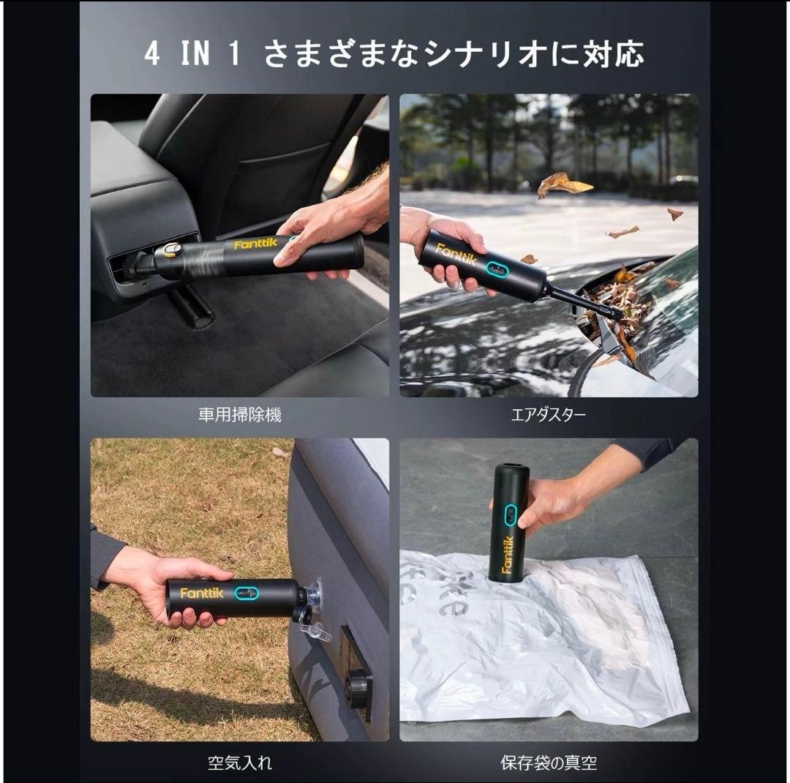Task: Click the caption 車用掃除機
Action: tap(239, 416)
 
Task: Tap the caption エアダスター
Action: tap(548, 416)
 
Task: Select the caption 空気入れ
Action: tap(239, 763)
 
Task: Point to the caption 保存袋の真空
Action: tap(548, 763)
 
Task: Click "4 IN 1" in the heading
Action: tap(192, 55)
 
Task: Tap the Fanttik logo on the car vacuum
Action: tap(256, 244)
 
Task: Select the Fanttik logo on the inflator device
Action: tap(201, 593)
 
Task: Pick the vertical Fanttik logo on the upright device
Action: tap(507, 555)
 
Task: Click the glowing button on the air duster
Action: tap(497, 269)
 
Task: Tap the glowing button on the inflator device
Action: tap(247, 593)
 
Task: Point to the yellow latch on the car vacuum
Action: tap(171, 250)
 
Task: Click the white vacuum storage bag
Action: tap(541, 644)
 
